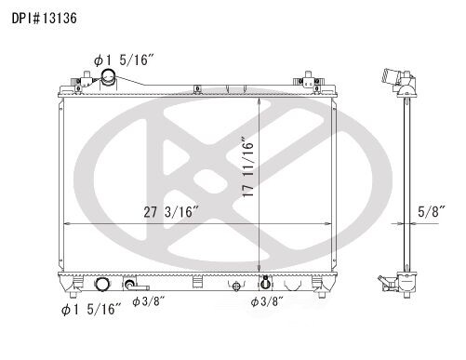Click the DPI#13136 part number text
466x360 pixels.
[45, 19]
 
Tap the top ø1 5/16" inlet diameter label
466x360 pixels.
[124, 60]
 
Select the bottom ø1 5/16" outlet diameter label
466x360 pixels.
[91, 309]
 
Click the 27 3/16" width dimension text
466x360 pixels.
[171, 212]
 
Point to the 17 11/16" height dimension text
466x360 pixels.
[248, 167]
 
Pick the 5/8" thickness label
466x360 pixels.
[432, 212]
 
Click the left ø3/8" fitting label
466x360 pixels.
[148, 301]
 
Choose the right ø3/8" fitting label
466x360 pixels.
[267, 301]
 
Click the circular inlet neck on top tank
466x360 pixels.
[109, 77]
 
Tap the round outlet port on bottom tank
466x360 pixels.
[101, 284]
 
